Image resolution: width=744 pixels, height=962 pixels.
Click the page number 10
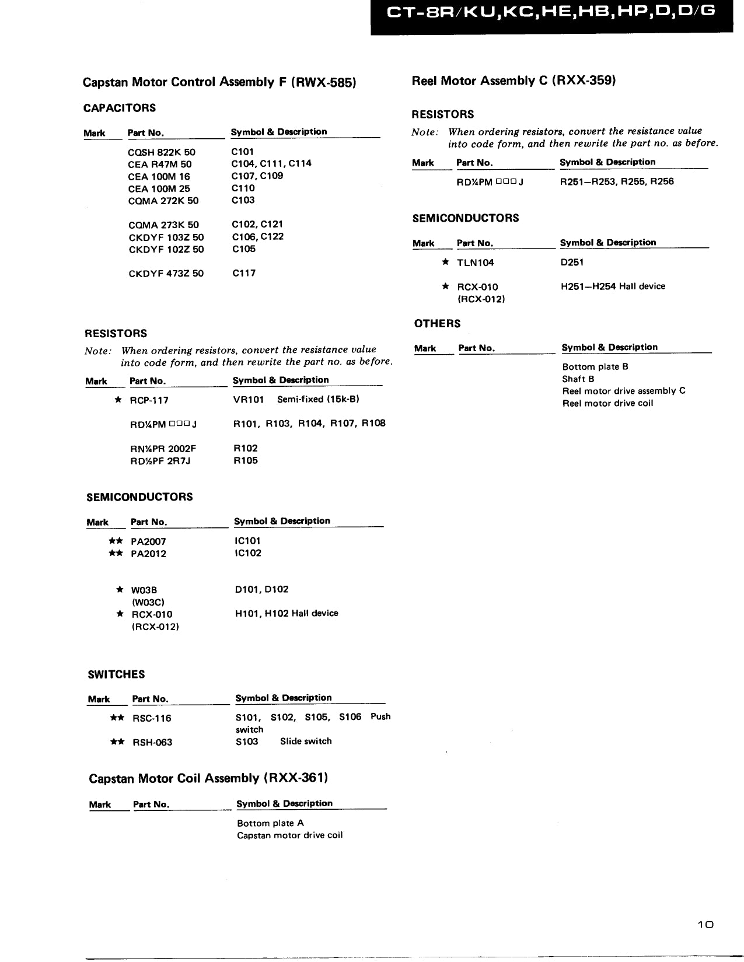[x=705, y=925]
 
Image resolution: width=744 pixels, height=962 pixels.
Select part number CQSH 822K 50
[x=162, y=152]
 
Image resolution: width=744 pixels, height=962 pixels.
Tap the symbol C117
[x=243, y=273]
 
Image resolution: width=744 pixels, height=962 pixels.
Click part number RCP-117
[x=149, y=401]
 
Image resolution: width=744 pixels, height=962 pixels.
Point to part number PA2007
[x=148, y=541]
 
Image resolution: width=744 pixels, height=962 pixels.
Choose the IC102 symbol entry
[x=247, y=553]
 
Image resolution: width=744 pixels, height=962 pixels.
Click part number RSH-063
[x=152, y=743]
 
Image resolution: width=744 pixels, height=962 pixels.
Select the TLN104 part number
[x=475, y=263]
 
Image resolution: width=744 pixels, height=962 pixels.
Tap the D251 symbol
[x=572, y=263]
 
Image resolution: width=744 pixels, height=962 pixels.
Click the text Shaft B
[x=578, y=379]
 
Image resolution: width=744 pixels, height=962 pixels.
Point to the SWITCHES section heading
[x=116, y=674]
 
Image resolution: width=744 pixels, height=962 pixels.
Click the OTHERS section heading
[x=437, y=324]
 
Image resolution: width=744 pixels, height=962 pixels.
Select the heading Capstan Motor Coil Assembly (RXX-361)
[x=208, y=778]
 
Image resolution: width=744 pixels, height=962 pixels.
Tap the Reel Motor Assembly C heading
[x=514, y=81]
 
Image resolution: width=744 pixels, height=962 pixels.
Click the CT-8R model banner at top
[x=551, y=12]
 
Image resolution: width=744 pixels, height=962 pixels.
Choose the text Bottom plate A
[x=270, y=823]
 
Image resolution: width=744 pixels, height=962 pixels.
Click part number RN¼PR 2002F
[x=163, y=449]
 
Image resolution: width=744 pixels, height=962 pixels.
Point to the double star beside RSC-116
[x=117, y=718]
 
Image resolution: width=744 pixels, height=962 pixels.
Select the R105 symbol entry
[x=245, y=460]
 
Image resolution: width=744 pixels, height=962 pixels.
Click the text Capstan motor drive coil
[x=289, y=835]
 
